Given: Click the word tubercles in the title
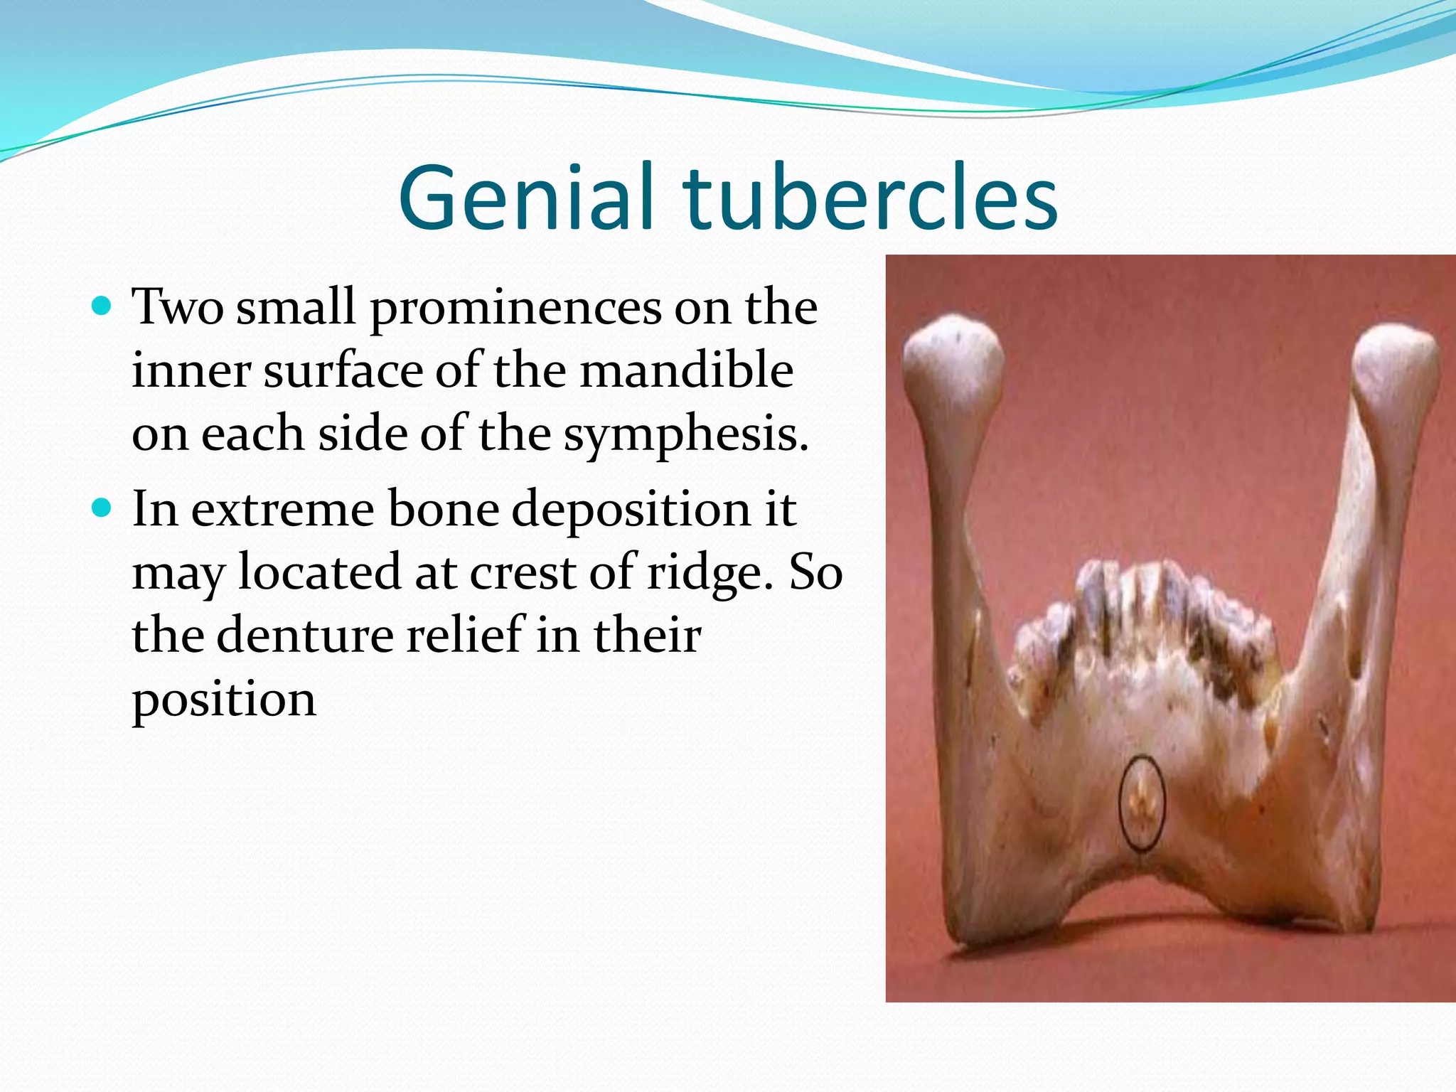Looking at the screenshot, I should (x=870, y=198).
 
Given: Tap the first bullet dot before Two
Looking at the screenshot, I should (x=103, y=306).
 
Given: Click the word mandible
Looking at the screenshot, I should (x=686, y=371).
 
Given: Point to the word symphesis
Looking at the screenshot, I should (x=686, y=435).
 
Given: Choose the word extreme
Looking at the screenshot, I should (x=282, y=510).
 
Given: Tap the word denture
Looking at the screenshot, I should (x=304, y=635).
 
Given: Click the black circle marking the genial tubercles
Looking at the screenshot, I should (x=1142, y=803).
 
